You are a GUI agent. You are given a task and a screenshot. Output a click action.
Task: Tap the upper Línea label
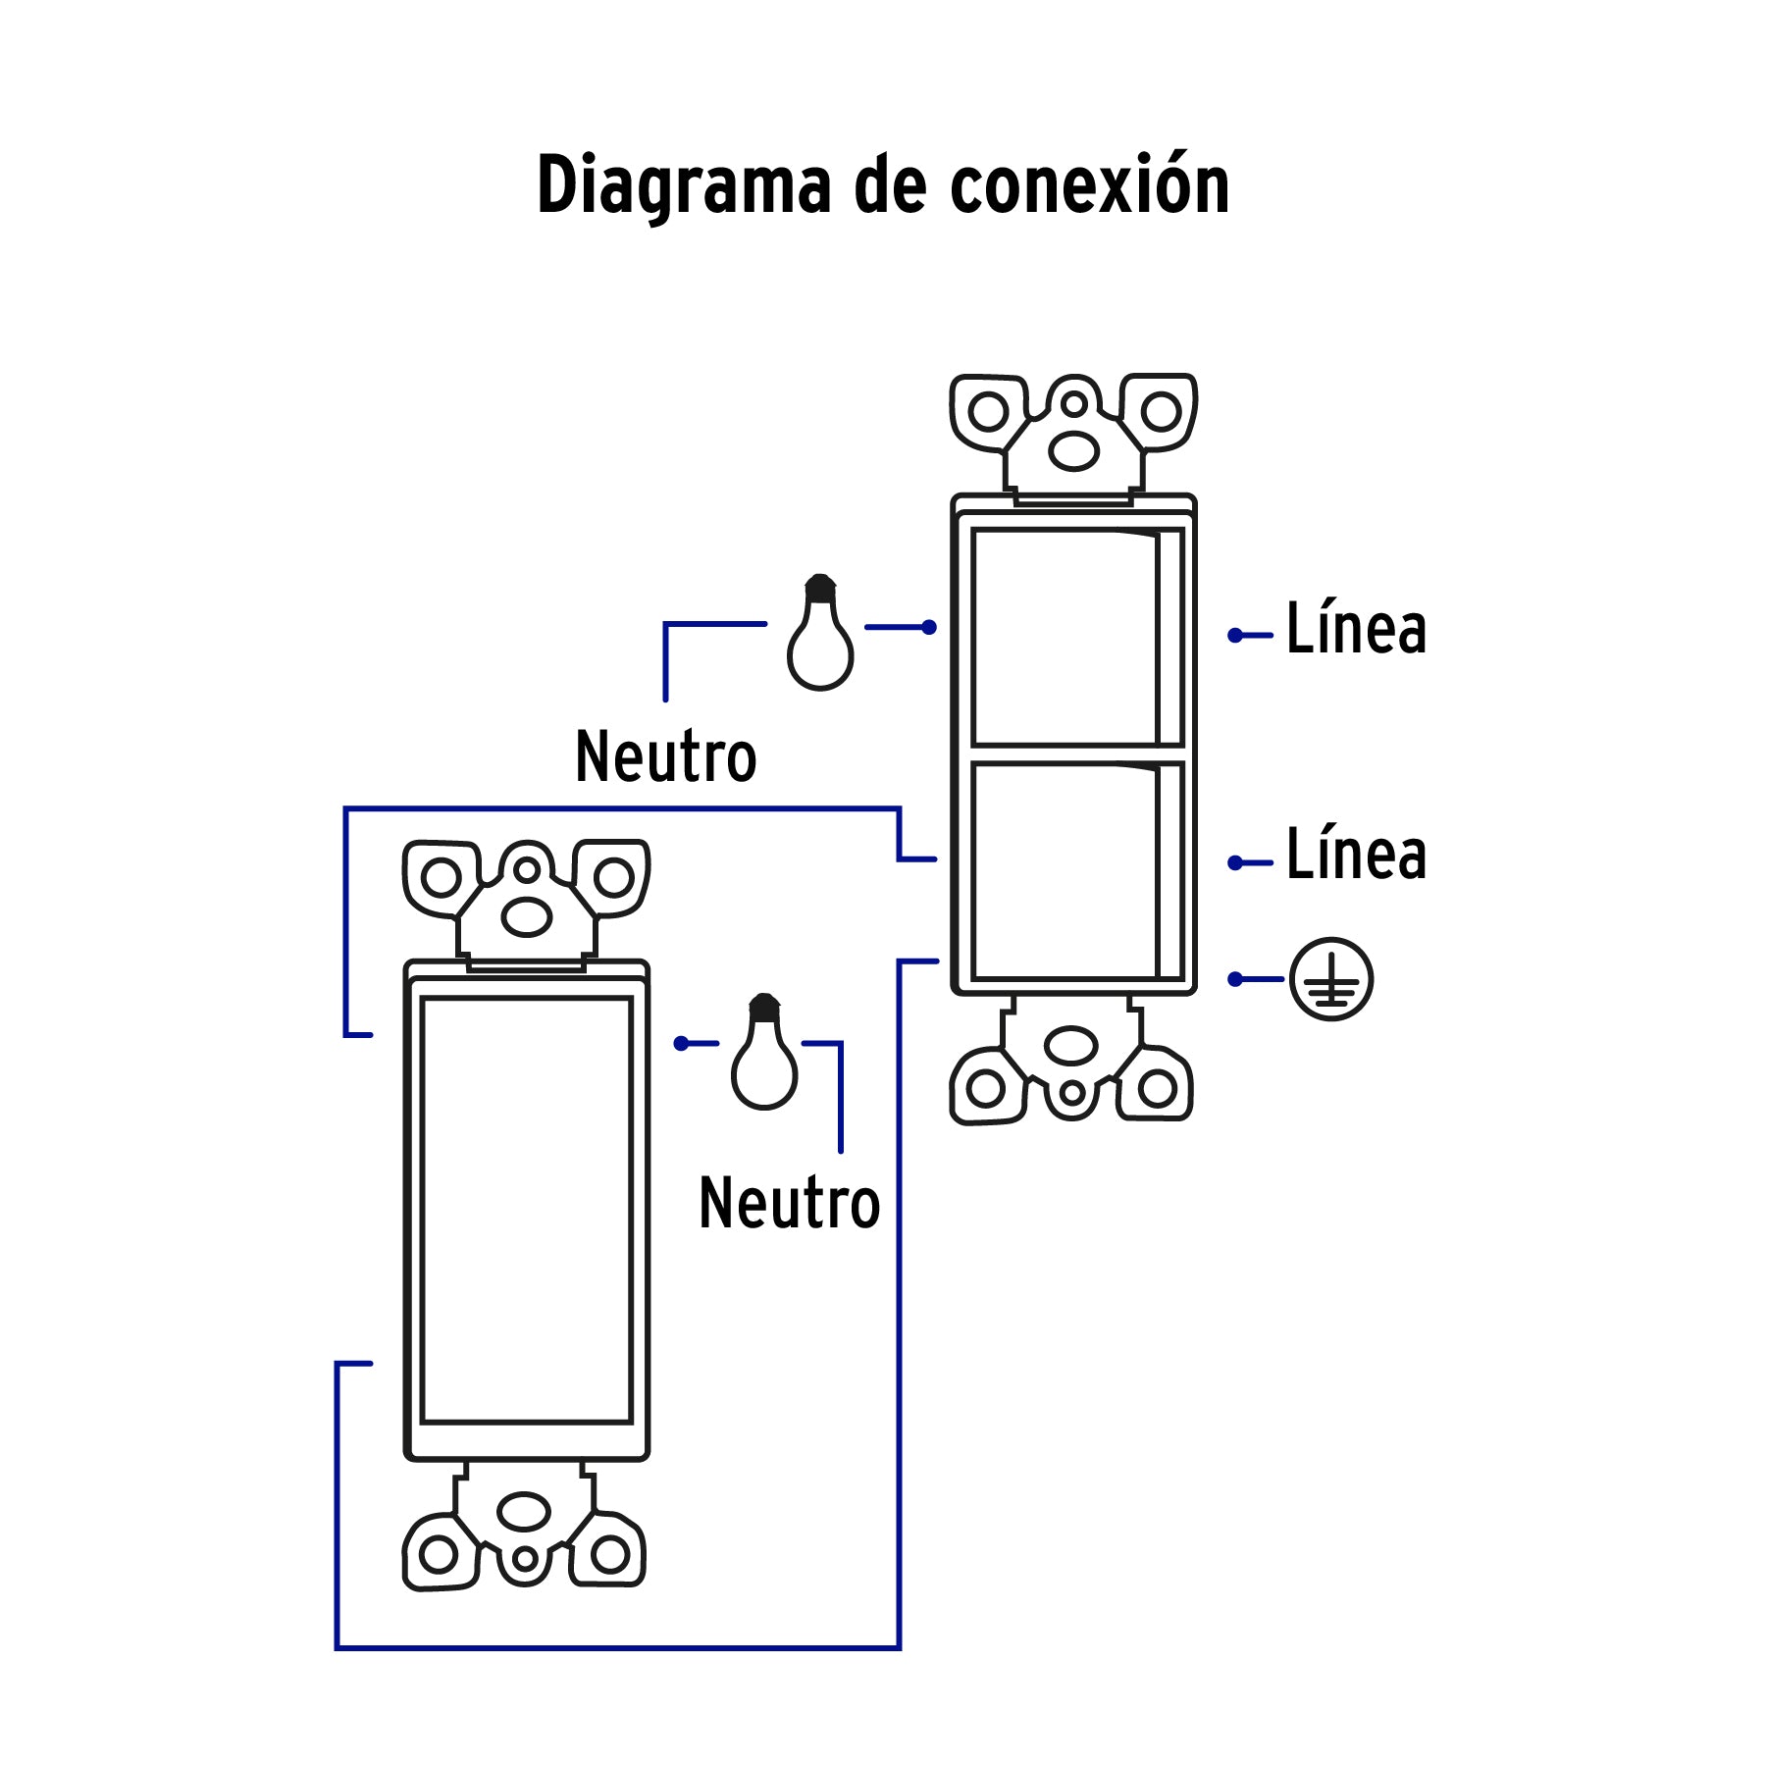pyautogui.click(x=1356, y=629)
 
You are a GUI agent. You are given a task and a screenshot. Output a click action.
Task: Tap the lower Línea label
pyautogui.click(x=1356, y=855)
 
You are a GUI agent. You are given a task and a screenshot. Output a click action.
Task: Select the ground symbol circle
pyautogui.click(x=1330, y=979)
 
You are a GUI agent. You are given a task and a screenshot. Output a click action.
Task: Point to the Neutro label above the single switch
pyautogui.click(x=665, y=757)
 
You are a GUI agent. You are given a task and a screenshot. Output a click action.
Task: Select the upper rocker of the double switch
pyautogui.click(x=1065, y=638)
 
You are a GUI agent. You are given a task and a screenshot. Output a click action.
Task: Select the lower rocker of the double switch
pyautogui.click(x=1065, y=871)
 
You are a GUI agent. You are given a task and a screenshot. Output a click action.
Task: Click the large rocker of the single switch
pyautogui.click(x=526, y=1210)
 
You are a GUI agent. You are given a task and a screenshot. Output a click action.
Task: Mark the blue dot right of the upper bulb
pyautogui.click(x=928, y=627)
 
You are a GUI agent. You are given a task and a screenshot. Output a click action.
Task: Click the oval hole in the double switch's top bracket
pyautogui.click(x=1073, y=451)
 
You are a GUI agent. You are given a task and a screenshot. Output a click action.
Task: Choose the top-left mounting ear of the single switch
pyautogui.click(x=441, y=877)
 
